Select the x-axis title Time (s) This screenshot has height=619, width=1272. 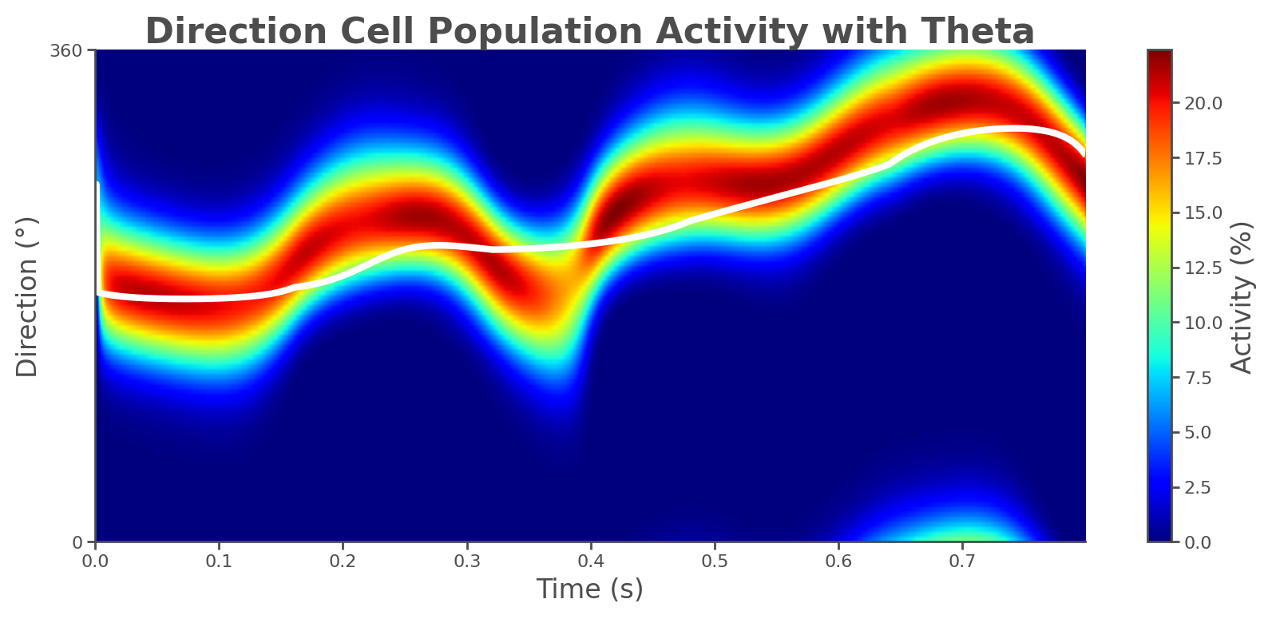tap(589, 589)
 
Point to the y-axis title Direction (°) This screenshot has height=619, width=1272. tap(28, 296)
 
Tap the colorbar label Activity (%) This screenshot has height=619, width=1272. tap(1242, 296)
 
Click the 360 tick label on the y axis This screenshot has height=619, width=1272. tap(65, 50)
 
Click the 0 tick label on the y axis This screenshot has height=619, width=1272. tap(78, 542)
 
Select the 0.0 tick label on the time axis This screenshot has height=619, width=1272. tap(96, 561)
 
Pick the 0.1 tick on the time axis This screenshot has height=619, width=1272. tap(219, 561)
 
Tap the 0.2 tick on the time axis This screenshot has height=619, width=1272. tap(343, 561)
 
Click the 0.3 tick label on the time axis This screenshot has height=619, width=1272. tap(467, 561)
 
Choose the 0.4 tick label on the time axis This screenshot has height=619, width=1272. tap(591, 561)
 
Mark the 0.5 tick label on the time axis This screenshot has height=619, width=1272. tap(715, 561)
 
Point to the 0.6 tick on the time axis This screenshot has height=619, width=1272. tap(838, 561)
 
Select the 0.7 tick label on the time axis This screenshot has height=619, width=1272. tap(962, 561)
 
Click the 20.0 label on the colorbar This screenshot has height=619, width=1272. tap(1202, 104)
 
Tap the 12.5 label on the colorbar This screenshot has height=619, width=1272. tap(1202, 268)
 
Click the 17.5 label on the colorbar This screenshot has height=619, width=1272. tap(1202, 158)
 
